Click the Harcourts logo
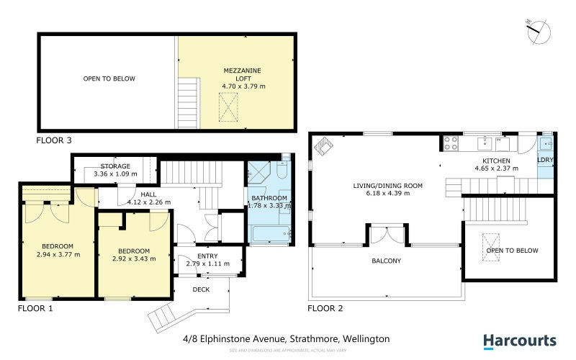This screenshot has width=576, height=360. (x=519, y=341)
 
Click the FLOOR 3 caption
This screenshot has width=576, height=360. (x=54, y=140)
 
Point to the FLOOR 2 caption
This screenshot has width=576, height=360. (x=325, y=309)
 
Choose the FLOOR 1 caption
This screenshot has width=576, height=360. (x=35, y=309)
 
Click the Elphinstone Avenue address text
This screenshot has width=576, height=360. (x=286, y=338)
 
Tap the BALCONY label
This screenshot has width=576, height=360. (x=387, y=261)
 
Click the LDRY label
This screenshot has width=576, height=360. (x=545, y=160)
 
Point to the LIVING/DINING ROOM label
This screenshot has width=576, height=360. (x=387, y=185)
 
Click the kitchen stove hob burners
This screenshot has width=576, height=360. (x=451, y=143)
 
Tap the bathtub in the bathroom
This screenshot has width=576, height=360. (x=271, y=234)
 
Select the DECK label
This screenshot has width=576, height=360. (x=201, y=289)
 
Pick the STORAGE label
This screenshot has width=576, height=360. (x=115, y=166)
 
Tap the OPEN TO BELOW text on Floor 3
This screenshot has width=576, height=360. (x=109, y=78)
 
